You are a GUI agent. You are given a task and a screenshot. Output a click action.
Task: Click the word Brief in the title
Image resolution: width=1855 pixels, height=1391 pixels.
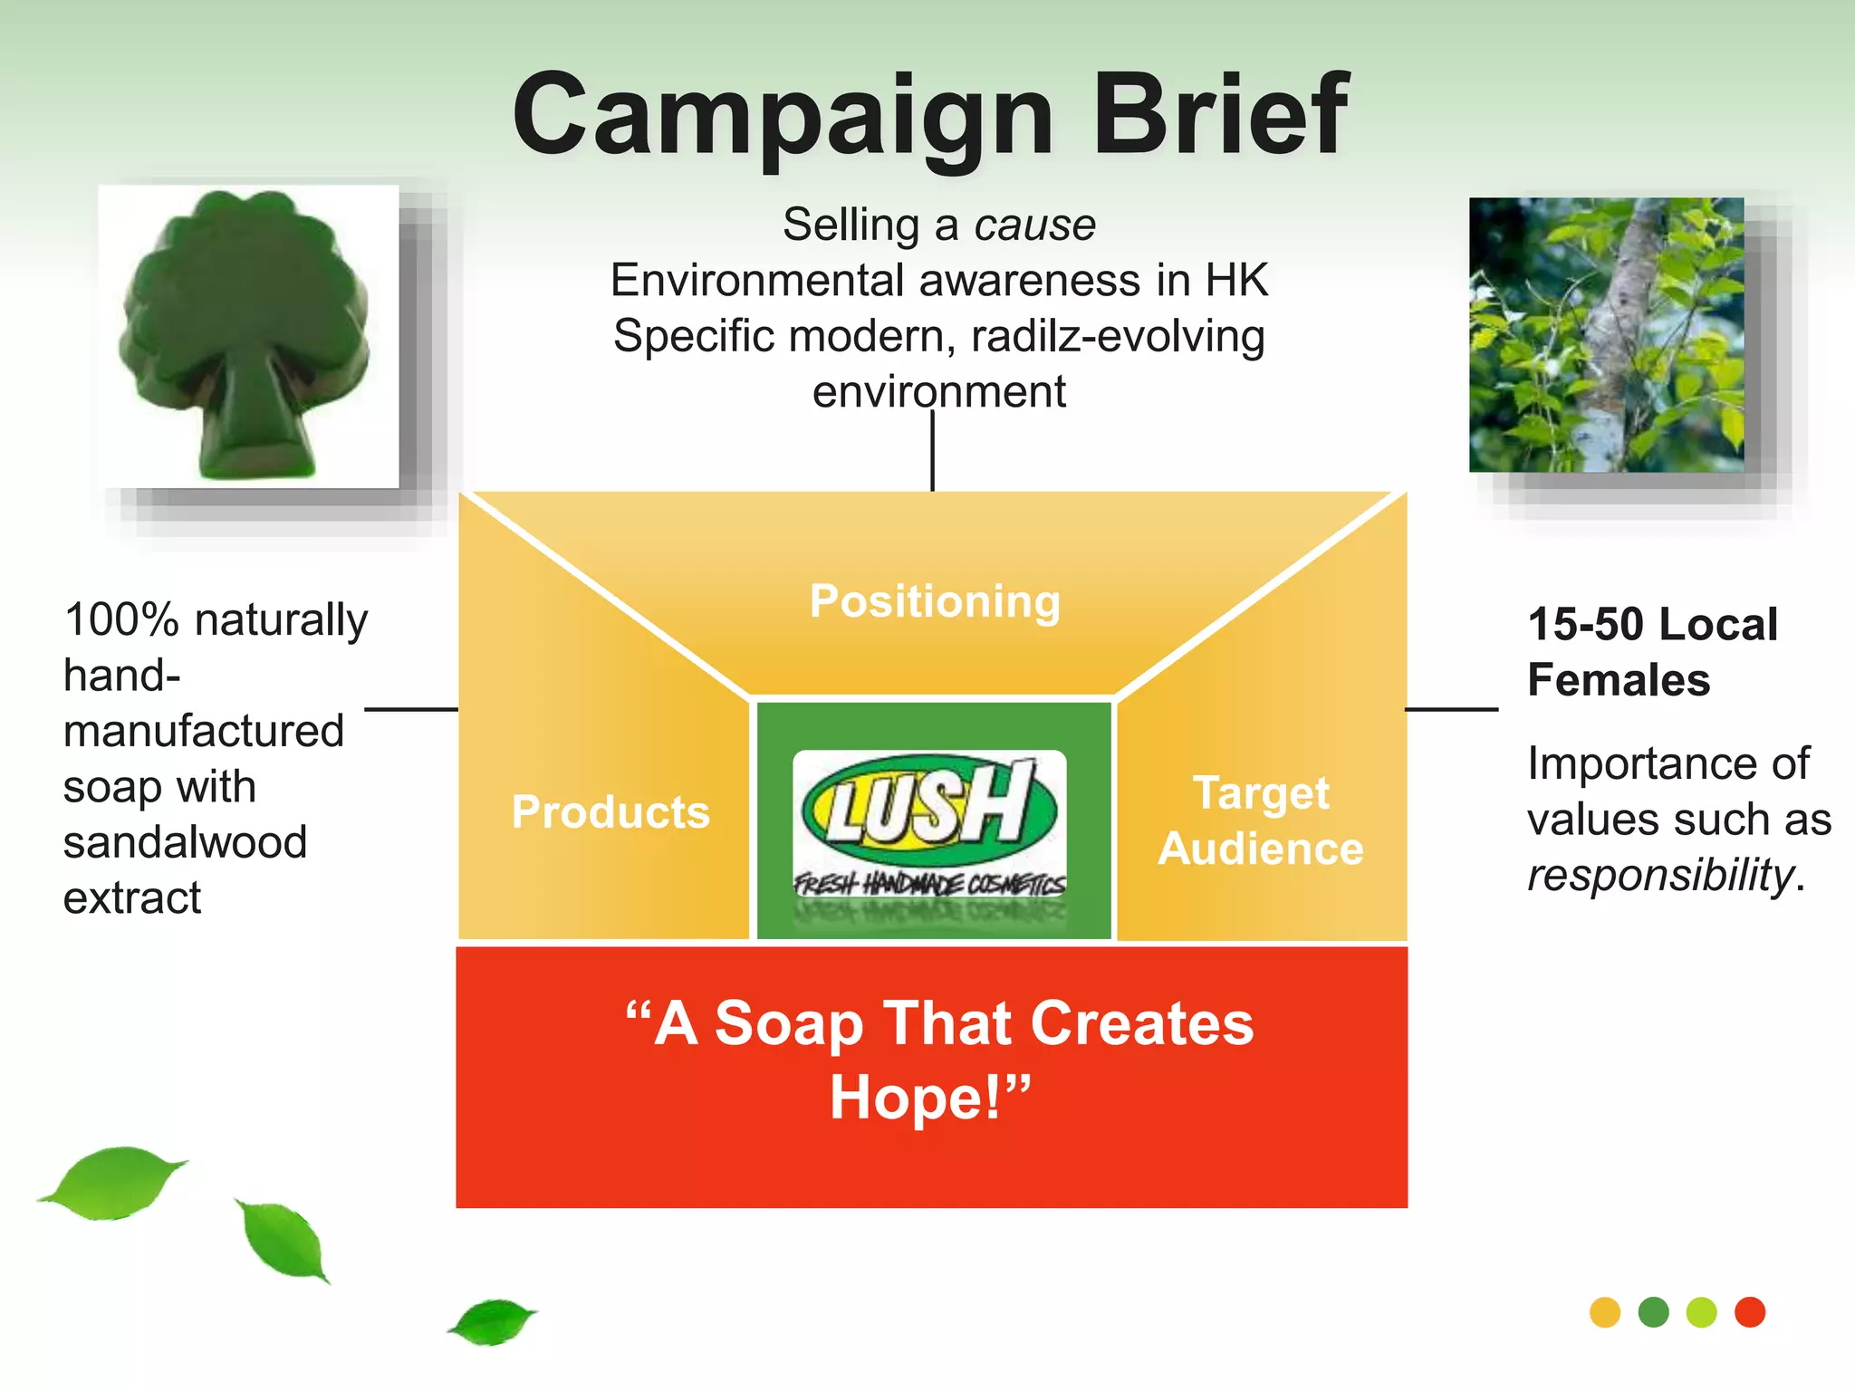pos(1220,115)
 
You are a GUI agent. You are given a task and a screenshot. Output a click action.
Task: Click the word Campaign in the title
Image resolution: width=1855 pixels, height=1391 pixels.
pos(782,118)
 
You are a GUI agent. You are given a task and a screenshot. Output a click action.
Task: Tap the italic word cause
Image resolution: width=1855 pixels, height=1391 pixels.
pos(1034,225)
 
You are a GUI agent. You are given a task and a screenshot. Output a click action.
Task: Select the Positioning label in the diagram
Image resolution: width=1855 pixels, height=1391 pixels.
pos(935,601)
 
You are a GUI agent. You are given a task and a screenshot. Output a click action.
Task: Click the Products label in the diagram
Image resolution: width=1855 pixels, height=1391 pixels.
pos(610,811)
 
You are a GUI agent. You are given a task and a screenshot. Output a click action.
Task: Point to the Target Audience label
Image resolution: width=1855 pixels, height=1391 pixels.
pos(1261,820)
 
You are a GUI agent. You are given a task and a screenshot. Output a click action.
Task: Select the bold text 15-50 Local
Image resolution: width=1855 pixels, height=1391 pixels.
pos(1652,624)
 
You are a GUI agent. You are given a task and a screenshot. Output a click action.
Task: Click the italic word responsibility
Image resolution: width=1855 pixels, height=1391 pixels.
pos(1660,875)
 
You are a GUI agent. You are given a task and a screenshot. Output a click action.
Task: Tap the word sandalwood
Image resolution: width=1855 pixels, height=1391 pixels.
pos(186,842)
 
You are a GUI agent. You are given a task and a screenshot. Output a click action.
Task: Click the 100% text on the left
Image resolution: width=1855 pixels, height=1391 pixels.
pos(121,620)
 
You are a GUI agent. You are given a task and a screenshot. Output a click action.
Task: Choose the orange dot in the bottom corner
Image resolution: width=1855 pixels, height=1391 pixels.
pos(1605,1312)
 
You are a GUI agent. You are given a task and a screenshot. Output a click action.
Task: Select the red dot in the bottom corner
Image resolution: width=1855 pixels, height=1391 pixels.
pos(1750,1312)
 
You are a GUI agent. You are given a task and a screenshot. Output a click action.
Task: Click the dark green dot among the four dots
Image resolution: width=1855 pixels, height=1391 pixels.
pos(1654,1312)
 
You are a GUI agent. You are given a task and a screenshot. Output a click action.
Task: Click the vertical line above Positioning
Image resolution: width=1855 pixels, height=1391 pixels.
pos(932,451)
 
